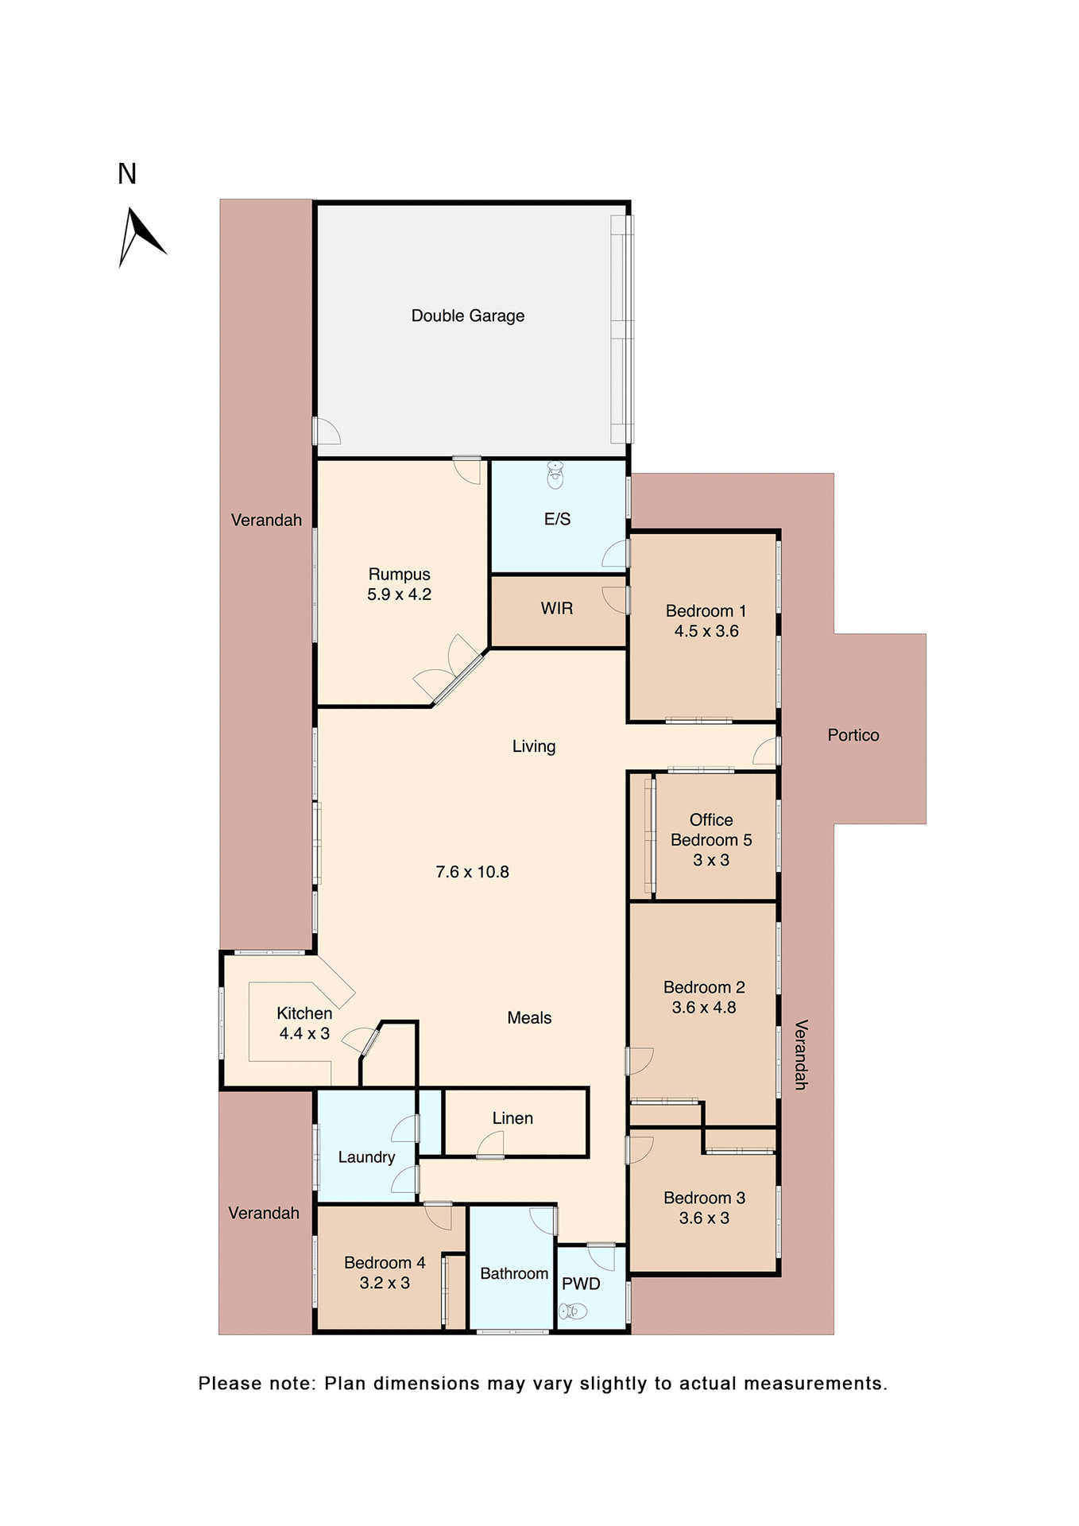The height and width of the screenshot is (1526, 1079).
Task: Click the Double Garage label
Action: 467,316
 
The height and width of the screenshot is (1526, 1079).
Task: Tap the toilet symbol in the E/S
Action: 555,476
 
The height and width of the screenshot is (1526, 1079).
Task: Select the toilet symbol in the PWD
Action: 573,1311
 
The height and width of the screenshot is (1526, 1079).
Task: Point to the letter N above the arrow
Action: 127,174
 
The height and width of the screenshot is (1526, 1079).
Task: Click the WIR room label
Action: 556,608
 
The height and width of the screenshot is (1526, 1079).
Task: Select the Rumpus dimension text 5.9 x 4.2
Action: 399,595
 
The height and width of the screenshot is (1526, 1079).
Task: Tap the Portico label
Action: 853,735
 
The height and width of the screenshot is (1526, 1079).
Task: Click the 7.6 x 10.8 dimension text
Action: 472,872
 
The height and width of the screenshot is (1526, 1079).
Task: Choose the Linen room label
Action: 512,1118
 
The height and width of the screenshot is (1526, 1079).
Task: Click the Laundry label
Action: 366,1157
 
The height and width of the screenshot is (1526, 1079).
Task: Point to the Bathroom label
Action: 514,1273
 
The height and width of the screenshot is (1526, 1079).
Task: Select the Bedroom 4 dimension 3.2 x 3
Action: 385,1283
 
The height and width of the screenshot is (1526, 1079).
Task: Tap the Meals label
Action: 529,1018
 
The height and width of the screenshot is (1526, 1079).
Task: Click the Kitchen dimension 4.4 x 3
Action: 304,1033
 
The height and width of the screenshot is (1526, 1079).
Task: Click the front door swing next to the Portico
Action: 766,751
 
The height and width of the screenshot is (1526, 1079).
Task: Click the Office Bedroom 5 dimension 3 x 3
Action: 710,860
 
